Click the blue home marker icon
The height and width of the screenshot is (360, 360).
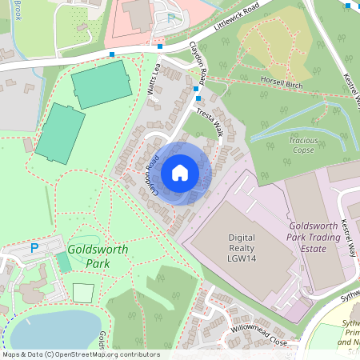(180, 173)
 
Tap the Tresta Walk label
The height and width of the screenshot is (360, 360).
(210, 122)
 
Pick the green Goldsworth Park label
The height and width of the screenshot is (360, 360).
(89, 255)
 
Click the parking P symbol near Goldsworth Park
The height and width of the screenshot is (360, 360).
(34, 249)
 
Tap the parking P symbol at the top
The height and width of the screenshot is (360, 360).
(170, 17)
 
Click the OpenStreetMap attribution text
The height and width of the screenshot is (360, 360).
(80, 354)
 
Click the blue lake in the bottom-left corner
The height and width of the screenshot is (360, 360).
(48, 330)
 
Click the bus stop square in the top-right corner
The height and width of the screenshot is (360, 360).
(346, 6)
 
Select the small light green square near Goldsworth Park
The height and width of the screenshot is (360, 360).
(83, 293)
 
